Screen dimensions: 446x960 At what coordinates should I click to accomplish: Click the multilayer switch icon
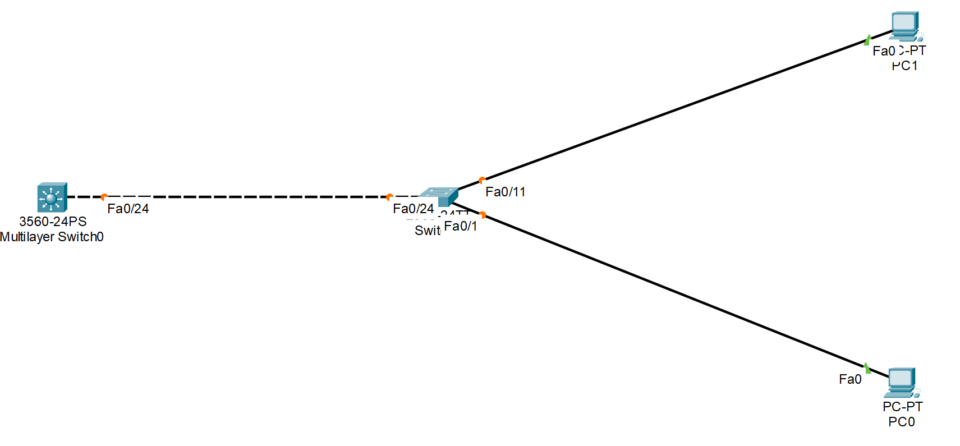tap(52, 197)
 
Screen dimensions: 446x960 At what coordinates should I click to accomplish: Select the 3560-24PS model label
tap(53, 222)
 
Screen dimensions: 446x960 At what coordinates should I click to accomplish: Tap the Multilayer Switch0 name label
tap(52, 237)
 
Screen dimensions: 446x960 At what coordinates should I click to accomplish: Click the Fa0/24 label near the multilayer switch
tap(128, 209)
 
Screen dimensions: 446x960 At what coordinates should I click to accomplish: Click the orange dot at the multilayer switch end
tap(104, 197)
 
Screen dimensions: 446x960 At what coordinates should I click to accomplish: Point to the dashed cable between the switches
tap(247, 197)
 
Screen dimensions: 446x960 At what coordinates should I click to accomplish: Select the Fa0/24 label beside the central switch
tap(413, 209)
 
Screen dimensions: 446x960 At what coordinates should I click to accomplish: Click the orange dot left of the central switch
tap(389, 197)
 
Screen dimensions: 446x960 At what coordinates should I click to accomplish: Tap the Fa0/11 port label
tap(506, 192)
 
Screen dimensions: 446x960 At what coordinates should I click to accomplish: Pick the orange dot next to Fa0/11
tap(482, 180)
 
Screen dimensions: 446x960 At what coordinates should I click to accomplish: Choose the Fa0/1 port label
tap(461, 226)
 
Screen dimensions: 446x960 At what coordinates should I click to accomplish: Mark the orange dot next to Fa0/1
tap(483, 214)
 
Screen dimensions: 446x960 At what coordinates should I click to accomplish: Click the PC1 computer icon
tap(905, 26)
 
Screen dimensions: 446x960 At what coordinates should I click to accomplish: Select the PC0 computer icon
tap(902, 383)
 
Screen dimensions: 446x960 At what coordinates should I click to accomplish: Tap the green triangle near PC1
tap(867, 40)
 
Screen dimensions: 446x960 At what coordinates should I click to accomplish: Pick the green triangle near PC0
tap(867, 368)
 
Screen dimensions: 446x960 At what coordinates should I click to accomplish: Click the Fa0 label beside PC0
tap(850, 379)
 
